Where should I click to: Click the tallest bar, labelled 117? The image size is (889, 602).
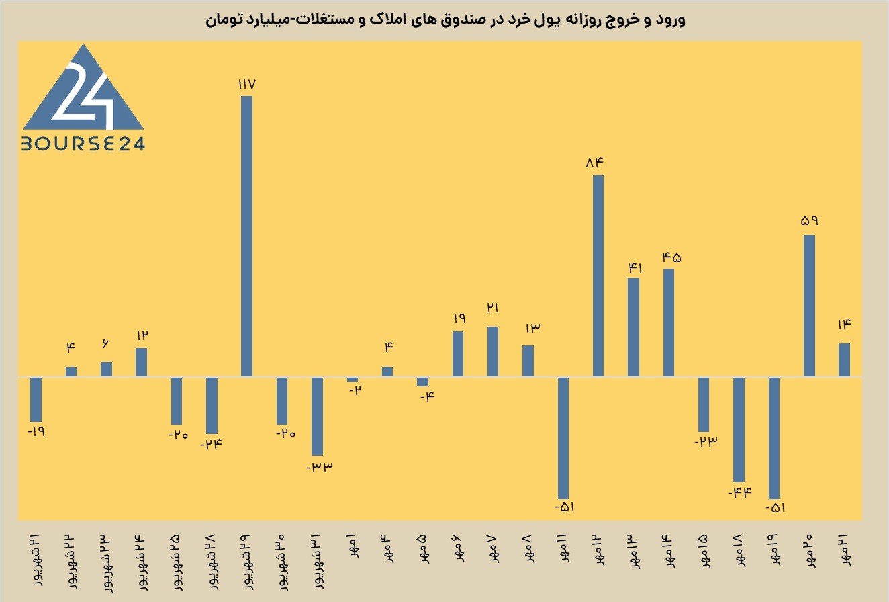[247, 236]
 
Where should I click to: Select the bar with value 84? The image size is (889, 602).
[598, 275]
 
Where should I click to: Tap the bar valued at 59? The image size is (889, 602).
[809, 306]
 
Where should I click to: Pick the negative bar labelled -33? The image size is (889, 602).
[317, 416]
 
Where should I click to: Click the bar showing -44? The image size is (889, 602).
[739, 429]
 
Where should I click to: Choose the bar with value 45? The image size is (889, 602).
[669, 322]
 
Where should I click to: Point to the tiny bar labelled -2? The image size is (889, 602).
[353, 379]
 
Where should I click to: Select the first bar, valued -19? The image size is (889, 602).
[36, 400]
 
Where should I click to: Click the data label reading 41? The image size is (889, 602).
[635, 268]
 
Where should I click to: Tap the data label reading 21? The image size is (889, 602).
[493, 308]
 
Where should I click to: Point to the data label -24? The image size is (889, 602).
[211, 444]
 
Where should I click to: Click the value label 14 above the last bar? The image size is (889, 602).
[844, 325]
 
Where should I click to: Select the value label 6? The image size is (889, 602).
[105, 343]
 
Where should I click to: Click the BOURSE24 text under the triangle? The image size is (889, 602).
[83, 144]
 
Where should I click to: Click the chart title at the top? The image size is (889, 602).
[445, 19]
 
